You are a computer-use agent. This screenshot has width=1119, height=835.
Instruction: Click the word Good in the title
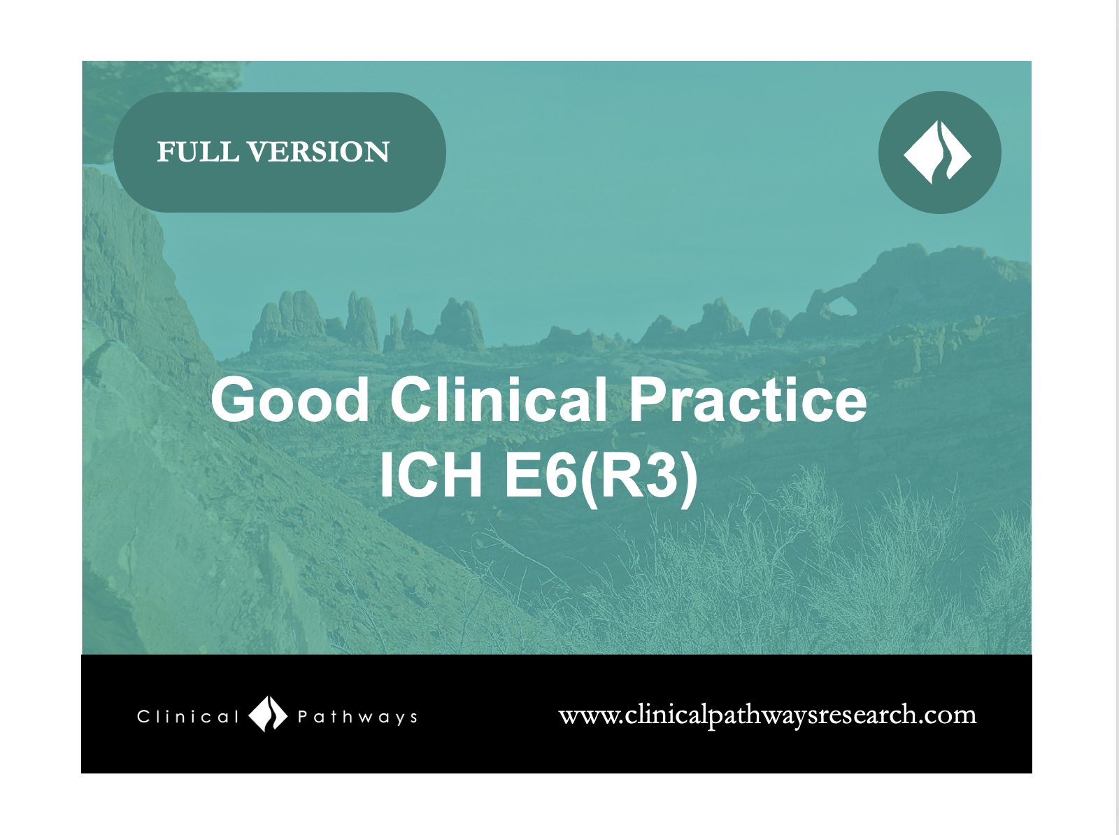(290, 399)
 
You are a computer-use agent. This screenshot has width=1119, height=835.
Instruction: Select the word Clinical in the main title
(499, 399)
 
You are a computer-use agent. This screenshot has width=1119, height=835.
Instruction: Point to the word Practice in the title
(748, 399)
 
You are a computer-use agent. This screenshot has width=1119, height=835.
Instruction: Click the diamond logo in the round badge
(939, 152)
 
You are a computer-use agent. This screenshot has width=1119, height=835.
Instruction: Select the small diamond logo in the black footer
(268, 714)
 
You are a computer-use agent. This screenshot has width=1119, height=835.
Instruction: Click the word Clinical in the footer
(187, 717)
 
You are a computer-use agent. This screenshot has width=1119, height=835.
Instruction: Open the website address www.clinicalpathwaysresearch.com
(767, 715)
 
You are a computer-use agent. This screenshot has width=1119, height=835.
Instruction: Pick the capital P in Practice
(647, 399)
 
